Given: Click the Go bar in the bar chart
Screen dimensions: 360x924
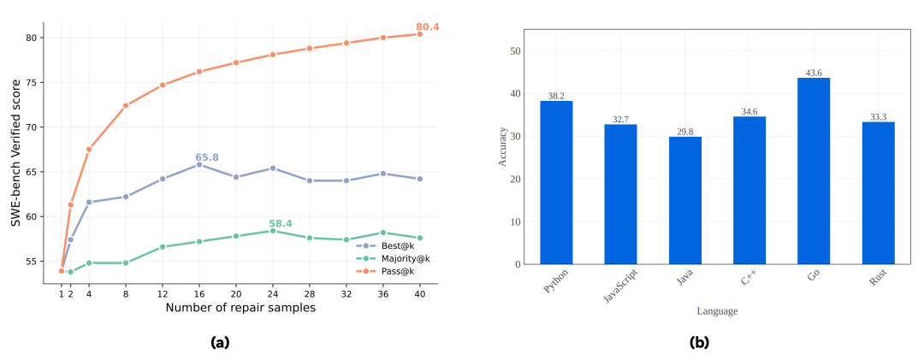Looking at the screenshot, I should [814, 171].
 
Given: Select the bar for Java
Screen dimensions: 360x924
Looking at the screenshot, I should [685, 200].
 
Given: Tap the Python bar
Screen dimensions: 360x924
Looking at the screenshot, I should [556, 182].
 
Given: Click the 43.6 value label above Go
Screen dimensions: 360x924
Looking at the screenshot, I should [814, 73].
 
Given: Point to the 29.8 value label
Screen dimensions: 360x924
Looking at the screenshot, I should [685, 132].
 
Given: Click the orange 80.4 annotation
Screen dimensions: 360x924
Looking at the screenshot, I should [428, 27].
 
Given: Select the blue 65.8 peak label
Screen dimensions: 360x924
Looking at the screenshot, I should [207, 157].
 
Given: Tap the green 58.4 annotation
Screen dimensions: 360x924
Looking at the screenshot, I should [281, 224].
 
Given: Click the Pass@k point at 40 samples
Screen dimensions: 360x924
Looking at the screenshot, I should [419, 34].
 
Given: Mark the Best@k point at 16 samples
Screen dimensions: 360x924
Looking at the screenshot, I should [199, 164].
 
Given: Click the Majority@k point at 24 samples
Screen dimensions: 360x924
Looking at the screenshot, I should [273, 231].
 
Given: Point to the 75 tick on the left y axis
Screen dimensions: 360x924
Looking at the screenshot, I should [33, 82].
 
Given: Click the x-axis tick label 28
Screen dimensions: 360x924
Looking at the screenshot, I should [309, 292].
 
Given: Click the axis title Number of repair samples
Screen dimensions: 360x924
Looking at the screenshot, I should [240, 308].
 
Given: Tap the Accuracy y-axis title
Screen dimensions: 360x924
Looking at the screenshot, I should [504, 146].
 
